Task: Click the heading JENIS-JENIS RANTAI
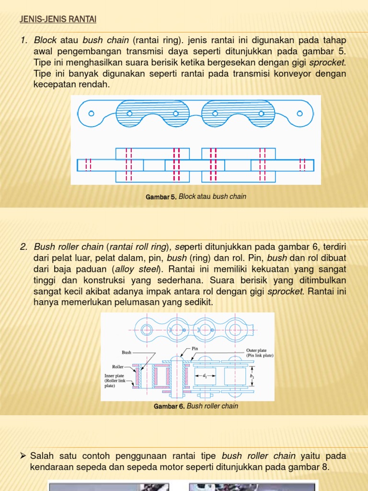click(x=58, y=19)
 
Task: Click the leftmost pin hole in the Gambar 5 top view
click(x=91, y=114)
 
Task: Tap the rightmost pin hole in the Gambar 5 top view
click(x=299, y=114)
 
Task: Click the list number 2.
click(x=23, y=247)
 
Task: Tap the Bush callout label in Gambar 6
click(x=126, y=352)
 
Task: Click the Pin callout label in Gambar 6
click(x=195, y=349)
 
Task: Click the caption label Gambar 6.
click(x=169, y=406)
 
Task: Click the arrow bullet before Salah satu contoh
click(x=23, y=455)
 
